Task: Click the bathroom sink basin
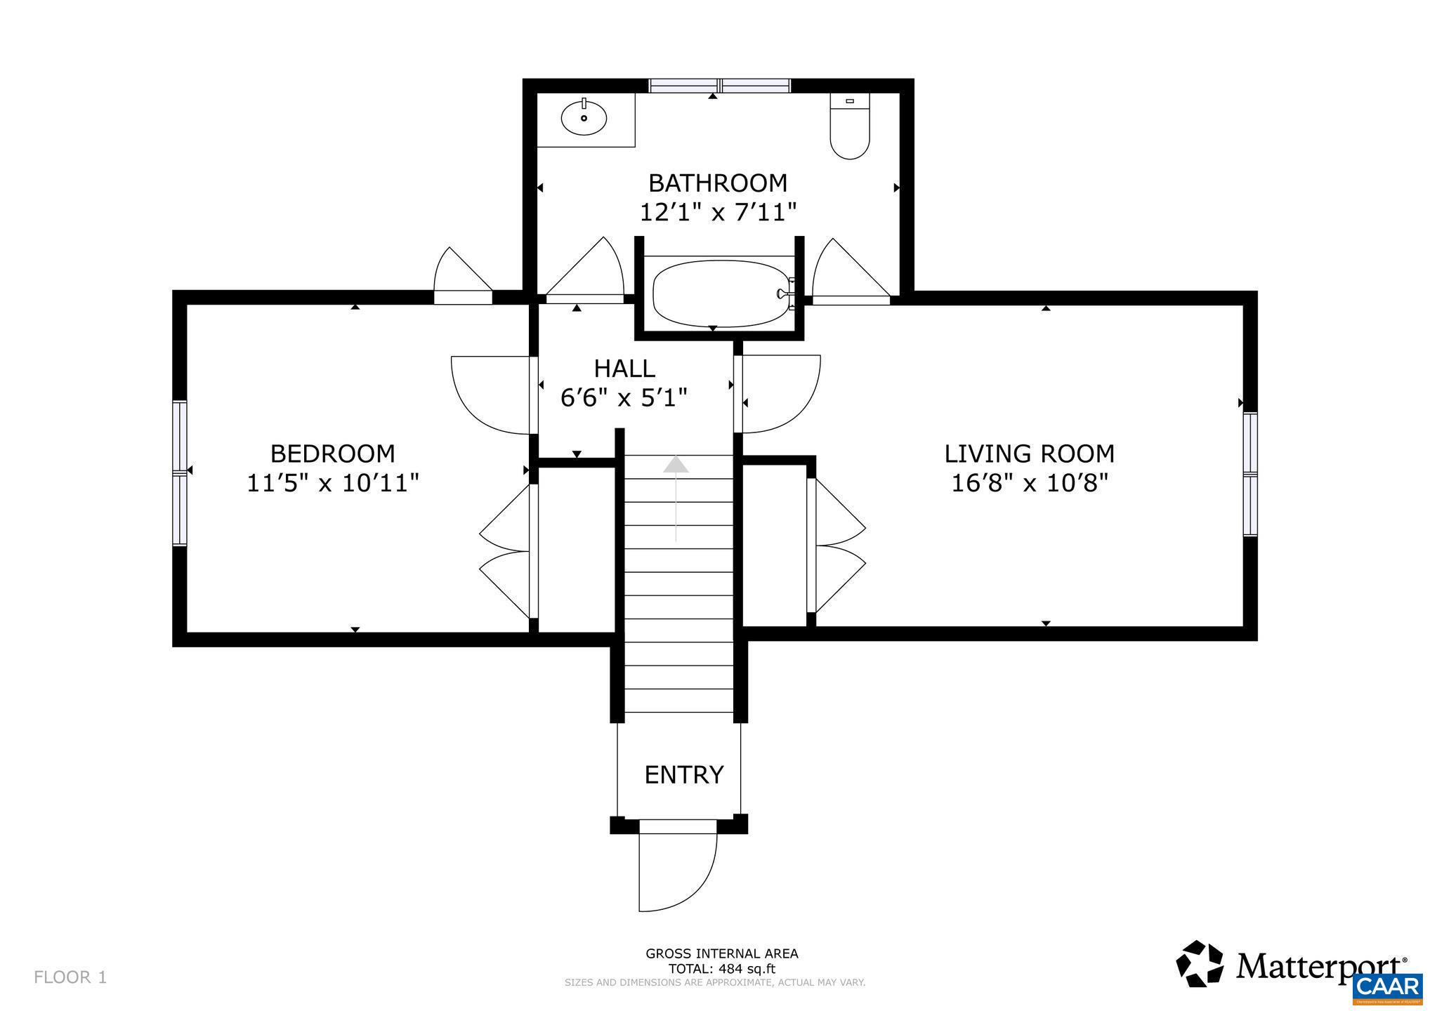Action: click(584, 117)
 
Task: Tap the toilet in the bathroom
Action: click(850, 130)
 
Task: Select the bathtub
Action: click(719, 294)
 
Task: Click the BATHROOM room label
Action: click(718, 183)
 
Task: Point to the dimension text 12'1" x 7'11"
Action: click(718, 212)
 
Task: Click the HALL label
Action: click(624, 368)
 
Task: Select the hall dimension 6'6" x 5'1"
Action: click(623, 398)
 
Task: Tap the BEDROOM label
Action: click(332, 454)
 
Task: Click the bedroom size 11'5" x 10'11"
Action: click(332, 483)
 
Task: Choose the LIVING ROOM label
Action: click(1029, 454)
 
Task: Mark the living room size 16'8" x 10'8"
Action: click(1029, 483)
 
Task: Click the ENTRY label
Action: click(683, 774)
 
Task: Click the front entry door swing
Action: click(676, 871)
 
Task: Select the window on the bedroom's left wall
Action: click(180, 473)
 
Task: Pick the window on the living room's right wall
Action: click(1250, 475)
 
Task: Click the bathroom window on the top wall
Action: click(719, 86)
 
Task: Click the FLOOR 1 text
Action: click(70, 977)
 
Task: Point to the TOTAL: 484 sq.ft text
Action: click(722, 969)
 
